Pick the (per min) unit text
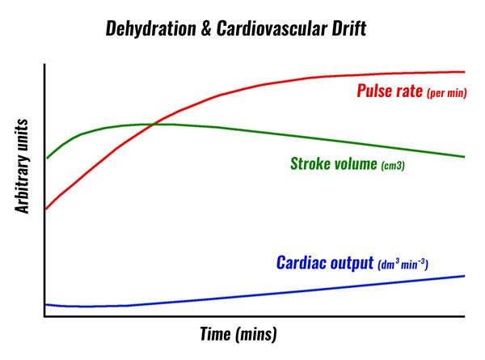click(446, 92)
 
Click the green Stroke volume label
click(333, 163)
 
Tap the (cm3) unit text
click(392, 165)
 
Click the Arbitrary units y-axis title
click(23, 166)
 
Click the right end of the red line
click(465, 72)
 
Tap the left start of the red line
click(45, 209)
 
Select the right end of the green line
click(465, 156)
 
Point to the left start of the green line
click(46, 158)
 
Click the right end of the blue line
click(465, 276)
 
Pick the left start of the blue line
click(45, 304)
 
